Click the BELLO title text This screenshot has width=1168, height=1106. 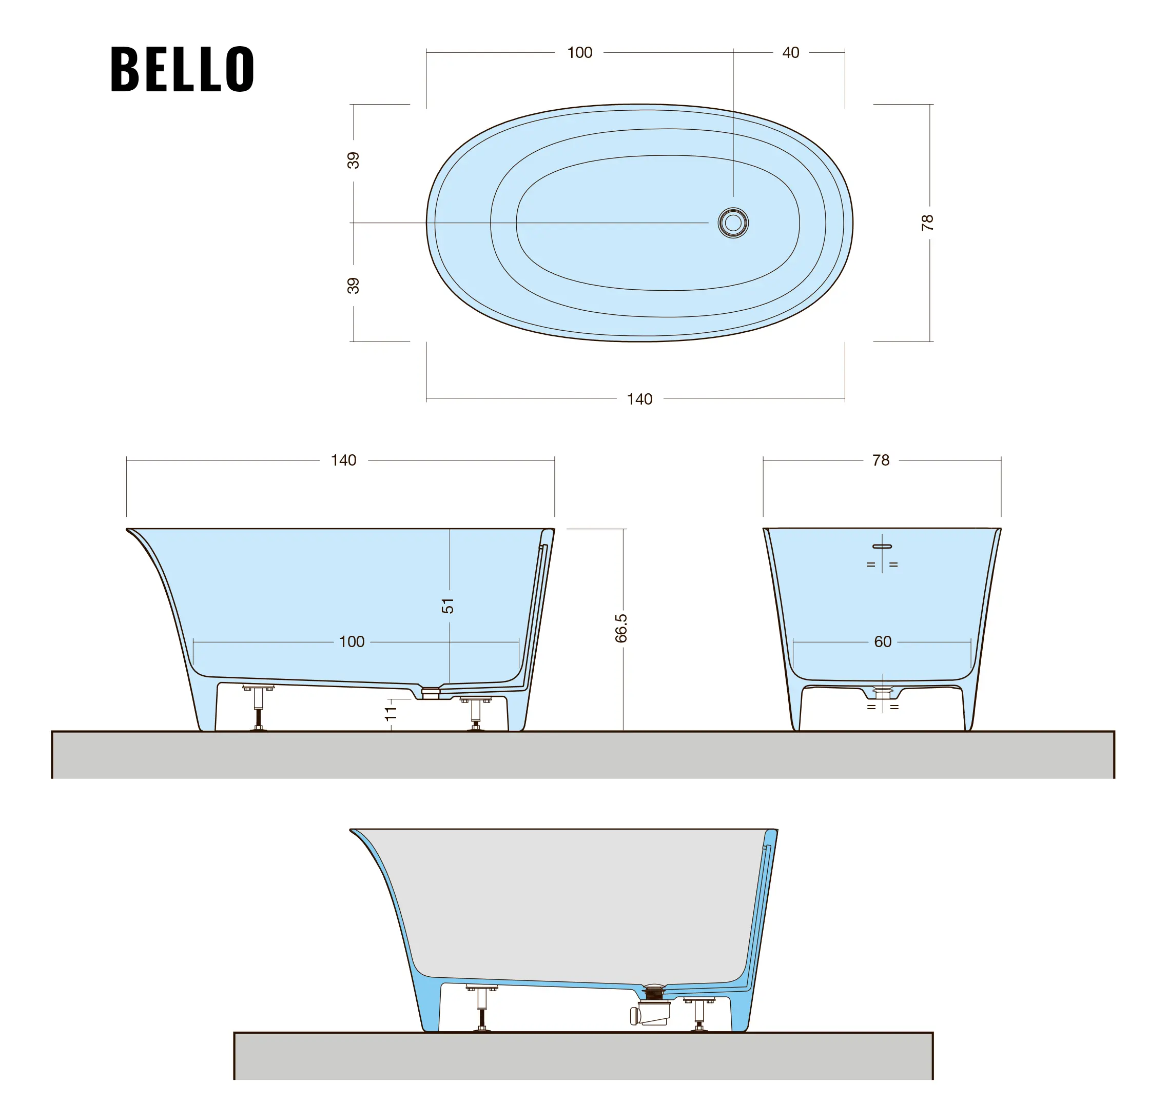[x=182, y=69]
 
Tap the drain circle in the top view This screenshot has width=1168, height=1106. [x=733, y=223]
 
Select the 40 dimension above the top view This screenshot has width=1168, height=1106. [x=790, y=52]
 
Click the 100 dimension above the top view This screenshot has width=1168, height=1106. [x=579, y=52]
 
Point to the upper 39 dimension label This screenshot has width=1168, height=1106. [x=353, y=160]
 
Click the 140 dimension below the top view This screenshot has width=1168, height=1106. [x=639, y=399]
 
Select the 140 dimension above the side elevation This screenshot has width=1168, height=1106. [x=343, y=460]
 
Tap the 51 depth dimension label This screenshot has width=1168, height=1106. [x=447, y=606]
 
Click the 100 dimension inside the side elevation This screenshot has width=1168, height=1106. [x=352, y=641]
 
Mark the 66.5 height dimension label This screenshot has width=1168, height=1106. [x=620, y=628]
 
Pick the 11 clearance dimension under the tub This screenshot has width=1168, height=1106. [x=391, y=713]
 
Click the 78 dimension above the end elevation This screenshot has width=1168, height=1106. [x=881, y=460]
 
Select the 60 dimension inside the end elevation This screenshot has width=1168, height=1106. [x=883, y=641]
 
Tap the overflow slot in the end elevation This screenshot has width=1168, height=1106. [x=882, y=547]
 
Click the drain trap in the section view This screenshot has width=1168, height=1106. [x=651, y=1009]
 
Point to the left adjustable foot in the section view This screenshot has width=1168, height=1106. [x=482, y=1008]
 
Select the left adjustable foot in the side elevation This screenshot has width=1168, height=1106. [x=258, y=708]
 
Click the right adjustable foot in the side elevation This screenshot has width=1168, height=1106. [x=475, y=714]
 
